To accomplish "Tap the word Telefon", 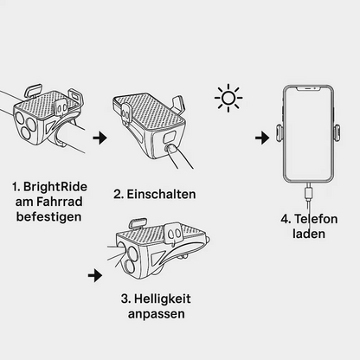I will click(318, 220).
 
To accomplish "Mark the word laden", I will click(309, 235).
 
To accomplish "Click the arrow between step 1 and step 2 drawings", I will click(100, 138).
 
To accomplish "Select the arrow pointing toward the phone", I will click(260, 138).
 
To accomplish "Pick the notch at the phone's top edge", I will click(309, 89).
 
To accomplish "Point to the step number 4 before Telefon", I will click(285, 220).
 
